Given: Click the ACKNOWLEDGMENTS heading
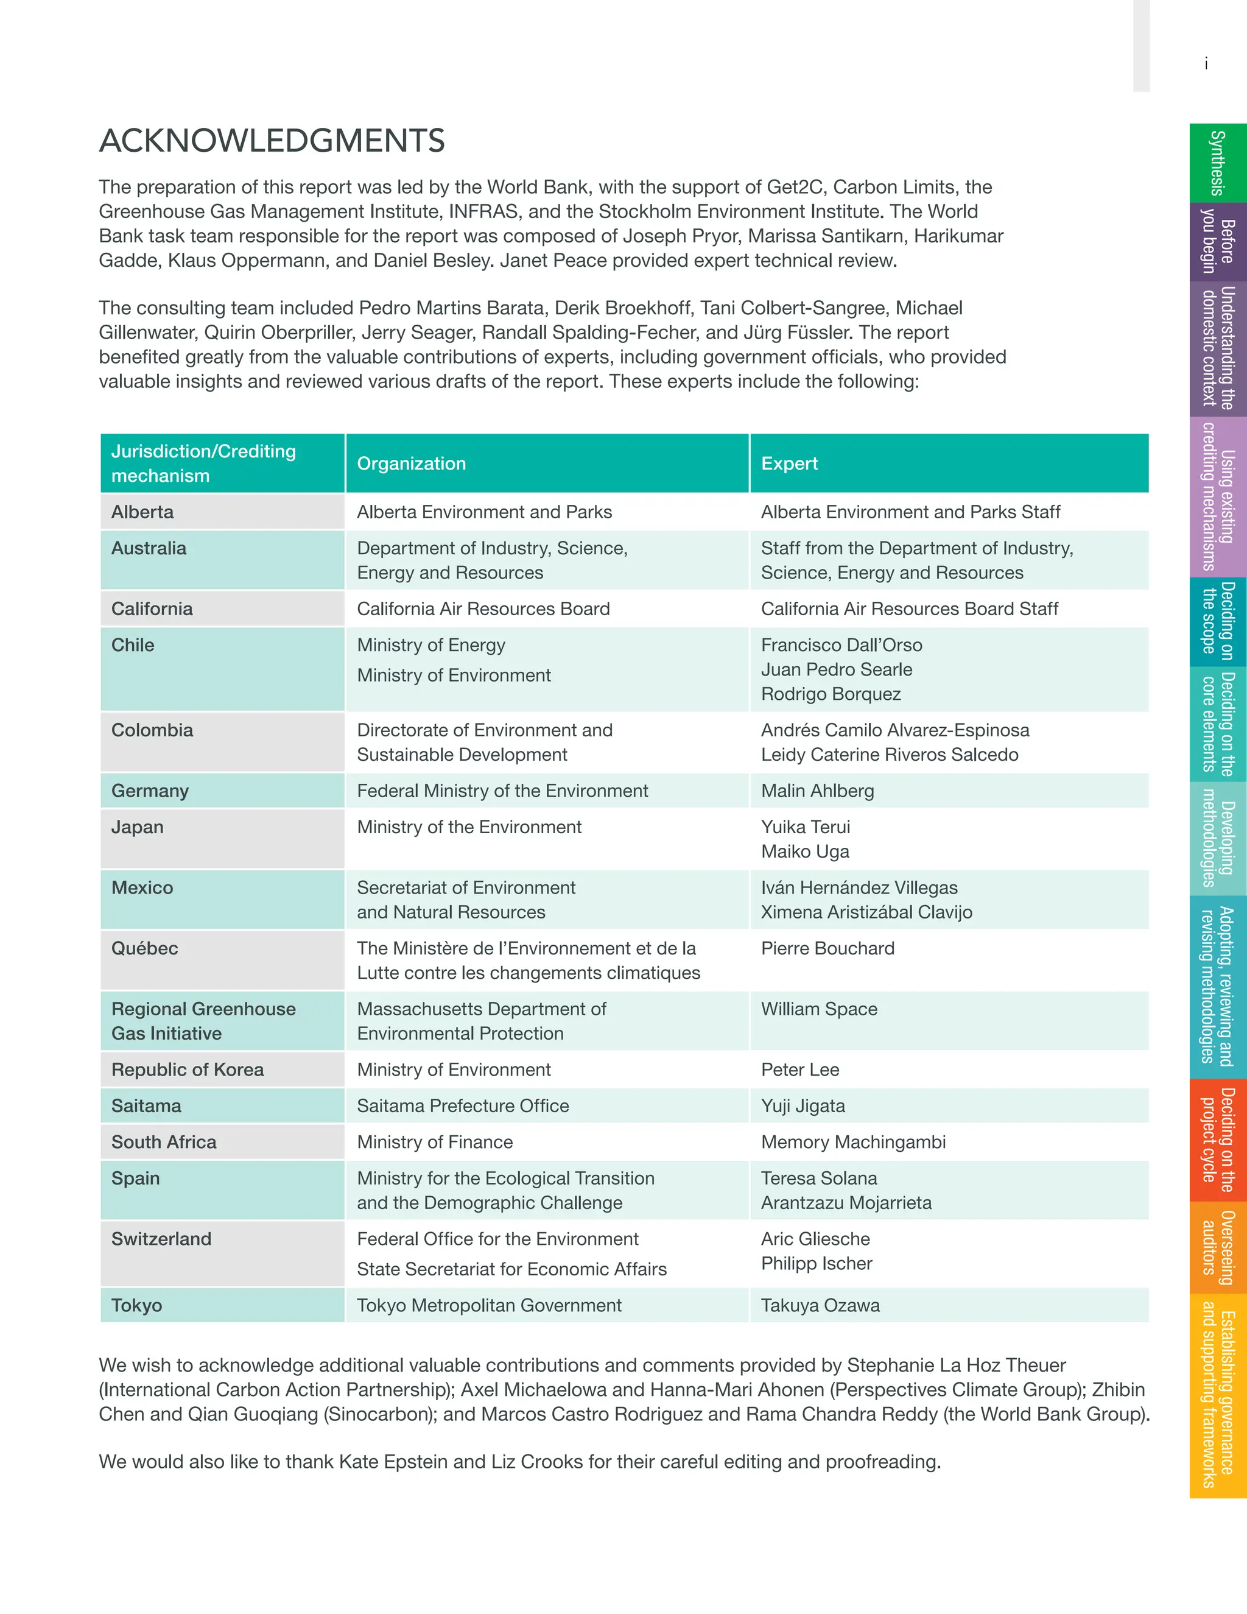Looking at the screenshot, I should coord(272,141).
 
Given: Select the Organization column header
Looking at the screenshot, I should coord(412,463).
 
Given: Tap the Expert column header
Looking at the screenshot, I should coord(789,463).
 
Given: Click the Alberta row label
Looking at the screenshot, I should coord(142,512).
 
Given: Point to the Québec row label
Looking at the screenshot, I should coord(145,948).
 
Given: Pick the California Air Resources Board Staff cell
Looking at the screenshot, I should coord(910,609).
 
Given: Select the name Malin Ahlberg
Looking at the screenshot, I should coord(817,791).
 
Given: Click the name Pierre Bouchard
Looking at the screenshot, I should coord(827,948).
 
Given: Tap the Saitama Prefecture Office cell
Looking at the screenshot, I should coord(463,1105).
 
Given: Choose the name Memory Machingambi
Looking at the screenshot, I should coord(853,1142).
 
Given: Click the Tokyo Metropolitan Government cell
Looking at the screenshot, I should coord(489,1305).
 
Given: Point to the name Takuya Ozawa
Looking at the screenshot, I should coord(820,1305).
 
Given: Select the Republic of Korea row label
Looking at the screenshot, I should coord(188,1070).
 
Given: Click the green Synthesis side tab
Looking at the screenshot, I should coord(1217,163).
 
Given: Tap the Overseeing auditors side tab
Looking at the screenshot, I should coord(1217,1247).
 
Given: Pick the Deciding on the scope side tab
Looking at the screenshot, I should coord(1217,621).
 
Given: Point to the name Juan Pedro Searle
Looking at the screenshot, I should coord(836,669).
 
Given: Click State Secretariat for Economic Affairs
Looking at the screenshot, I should coord(511,1269).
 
